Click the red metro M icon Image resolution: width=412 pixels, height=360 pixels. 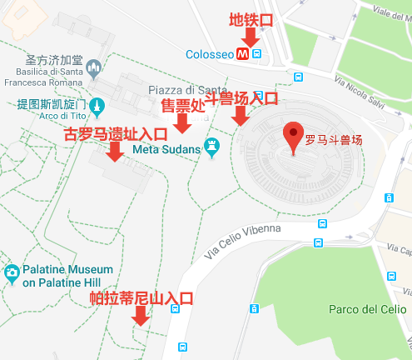[x=242, y=53]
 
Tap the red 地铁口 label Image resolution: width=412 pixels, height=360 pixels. [x=249, y=18]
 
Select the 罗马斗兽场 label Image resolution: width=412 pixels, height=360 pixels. [x=334, y=140]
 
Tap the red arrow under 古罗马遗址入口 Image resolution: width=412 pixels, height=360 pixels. [x=115, y=150]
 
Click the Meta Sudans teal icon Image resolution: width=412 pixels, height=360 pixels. [x=213, y=148]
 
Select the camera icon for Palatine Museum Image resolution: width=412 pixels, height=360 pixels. [x=12, y=274]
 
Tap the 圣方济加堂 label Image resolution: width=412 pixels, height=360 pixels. [x=53, y=61]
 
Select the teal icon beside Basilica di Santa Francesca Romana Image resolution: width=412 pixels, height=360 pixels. [x=96, y=66]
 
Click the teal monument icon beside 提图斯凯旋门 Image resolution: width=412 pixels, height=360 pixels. [x=98, y=106]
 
